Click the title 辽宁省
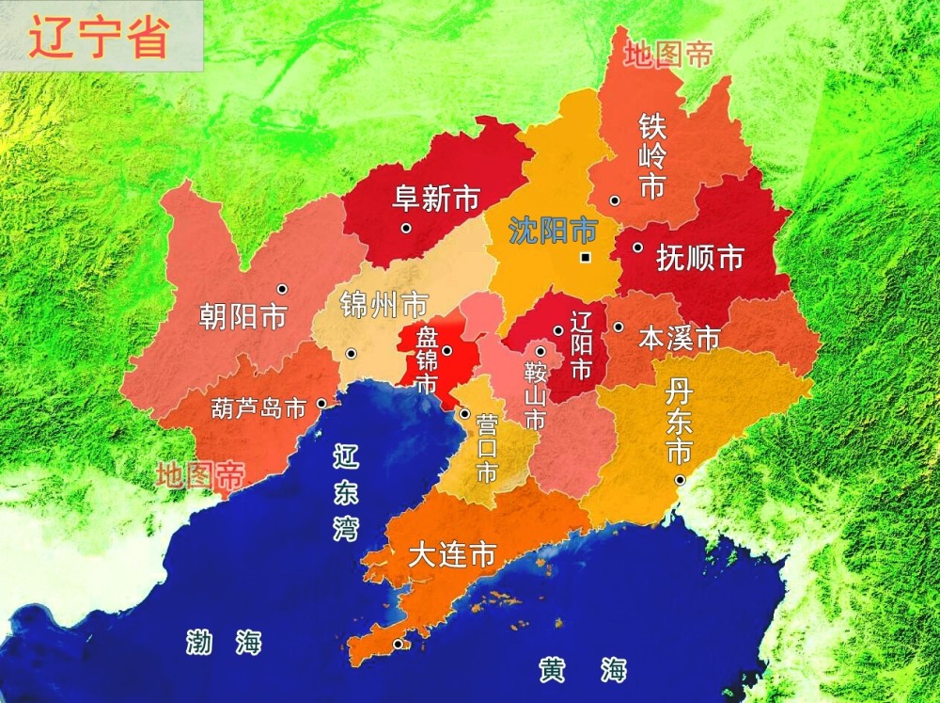click(x=99, y=38)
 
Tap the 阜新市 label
click(x=435, y=199)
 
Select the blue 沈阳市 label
click(x=553, y=230)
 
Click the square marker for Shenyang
click(x=586, y=258)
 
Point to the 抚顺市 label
click(x=700, y=258)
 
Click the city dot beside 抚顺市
click(x=637, y=248)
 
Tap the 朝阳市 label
click(x=243, y=316)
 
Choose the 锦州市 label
click(x=384, y=304)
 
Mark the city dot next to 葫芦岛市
click(x=321, y=403)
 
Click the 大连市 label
click(x=452, y=555)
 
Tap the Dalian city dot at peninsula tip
click(x=399, y=644)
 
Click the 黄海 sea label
click(x=582, y=670)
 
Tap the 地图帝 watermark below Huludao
click(x=199, y=475)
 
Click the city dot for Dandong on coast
click(x=679, y=480)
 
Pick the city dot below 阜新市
click(x=406, y=228)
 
